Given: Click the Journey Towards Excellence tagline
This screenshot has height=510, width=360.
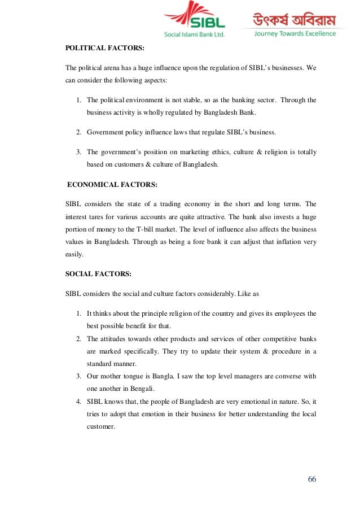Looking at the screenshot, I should (x=295, y=34).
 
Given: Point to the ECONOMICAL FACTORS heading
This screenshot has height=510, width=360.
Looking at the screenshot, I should (x=112, y=184).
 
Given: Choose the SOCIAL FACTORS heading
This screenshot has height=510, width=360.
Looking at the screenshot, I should (x=99, y=273).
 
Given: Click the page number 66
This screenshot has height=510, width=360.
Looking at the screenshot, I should (x=312, y=479).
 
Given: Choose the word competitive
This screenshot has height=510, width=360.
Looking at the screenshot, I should (x=278, y=339).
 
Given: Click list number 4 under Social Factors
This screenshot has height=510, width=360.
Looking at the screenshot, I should (x=78, y=402).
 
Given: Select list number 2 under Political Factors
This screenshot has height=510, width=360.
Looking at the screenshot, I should (x=78, y=132).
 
